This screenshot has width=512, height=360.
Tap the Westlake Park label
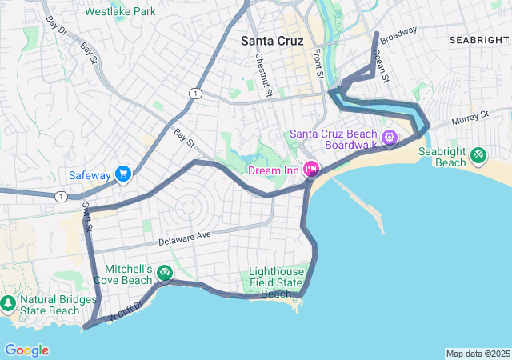[x=120, y=12]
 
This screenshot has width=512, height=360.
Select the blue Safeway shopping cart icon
[x=122, y=174]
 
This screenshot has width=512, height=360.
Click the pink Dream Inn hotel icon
[x=310, y=170]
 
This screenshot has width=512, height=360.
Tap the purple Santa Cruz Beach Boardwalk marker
[x=390, y=138]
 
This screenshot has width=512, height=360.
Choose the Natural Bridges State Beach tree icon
[x=8, y=303]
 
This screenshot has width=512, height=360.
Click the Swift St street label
[x=87, y=217]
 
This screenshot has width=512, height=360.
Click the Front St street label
[x=318, y=65]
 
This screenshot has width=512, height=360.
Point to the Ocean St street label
[x=380, y=69]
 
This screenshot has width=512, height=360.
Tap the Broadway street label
[x=398, y=35]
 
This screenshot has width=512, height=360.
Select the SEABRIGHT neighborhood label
[x=478, y=39]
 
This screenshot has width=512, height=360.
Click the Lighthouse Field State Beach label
[x=276, y=282]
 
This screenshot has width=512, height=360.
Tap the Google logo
[x=26, y=350]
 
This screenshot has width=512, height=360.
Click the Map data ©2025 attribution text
[x=477, y=354]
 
